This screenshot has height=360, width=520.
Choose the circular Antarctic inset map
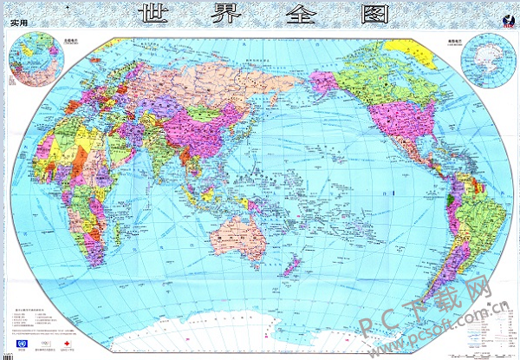485,59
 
